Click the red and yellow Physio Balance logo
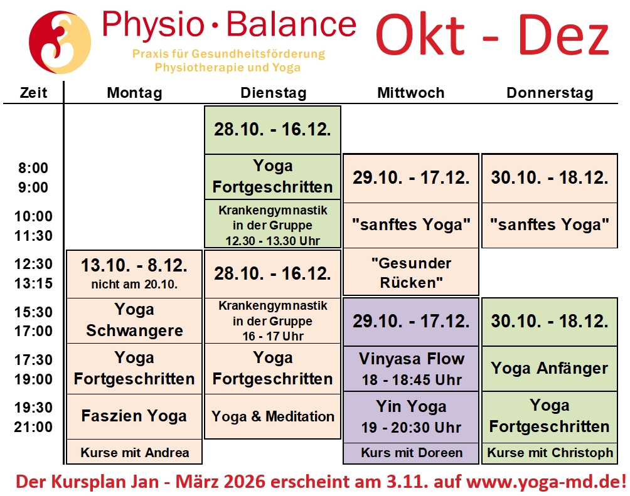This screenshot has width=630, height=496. pos(60,42)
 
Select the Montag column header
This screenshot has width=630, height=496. pos(135,93)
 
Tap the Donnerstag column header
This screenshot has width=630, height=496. pos(550,93)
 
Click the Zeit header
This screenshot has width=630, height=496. pos(33,93)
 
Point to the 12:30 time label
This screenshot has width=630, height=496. pos(33,264)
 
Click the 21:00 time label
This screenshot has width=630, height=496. pos(33,426)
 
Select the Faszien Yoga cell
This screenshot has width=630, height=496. pos(134,416)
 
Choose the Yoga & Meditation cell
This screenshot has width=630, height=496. pos(273,416)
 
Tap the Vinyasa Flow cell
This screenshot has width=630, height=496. pos(411,369)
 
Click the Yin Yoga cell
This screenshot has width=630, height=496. pos(411,417)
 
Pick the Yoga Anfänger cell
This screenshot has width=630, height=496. pos(550,369)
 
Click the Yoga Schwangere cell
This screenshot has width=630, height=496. pos(134,320)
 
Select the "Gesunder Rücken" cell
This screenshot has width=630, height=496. pos(411,272)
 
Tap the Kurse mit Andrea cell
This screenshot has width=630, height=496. pos(134,452)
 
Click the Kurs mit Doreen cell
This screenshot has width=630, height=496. pos(411,453)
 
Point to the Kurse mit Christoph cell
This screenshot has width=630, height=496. pos(550,453)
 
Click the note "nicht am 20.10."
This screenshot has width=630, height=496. pos(134,284)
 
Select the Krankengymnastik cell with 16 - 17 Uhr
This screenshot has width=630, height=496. pos(273,320)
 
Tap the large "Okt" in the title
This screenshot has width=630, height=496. pos(420,35)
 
